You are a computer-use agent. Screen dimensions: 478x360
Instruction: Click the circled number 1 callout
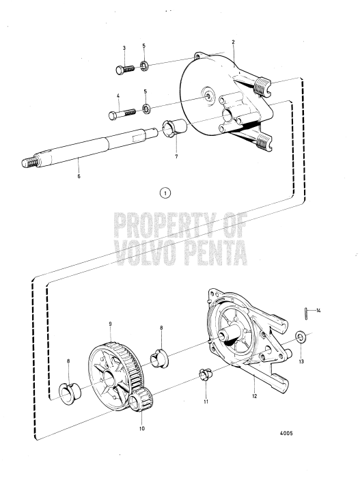pyautogui.click(x=164, y=193)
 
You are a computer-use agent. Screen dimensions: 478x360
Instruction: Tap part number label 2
pyautogui.click(x=233, y=42)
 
